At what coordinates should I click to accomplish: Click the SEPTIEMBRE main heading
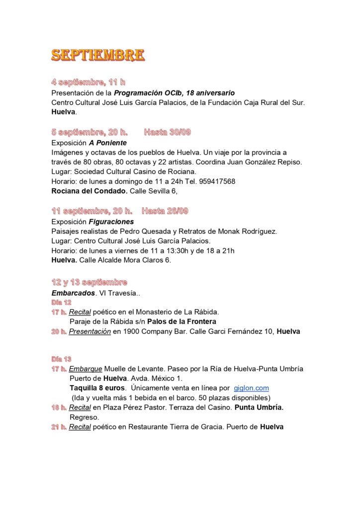pos(98,55)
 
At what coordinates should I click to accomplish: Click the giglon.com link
pos(251,388)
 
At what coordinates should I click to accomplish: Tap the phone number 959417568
pos(219,181)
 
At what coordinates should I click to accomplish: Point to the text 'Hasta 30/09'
pos(168,132)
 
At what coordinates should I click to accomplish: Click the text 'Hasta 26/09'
pos(165,211)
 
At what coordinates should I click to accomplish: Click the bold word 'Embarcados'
pos(73,293)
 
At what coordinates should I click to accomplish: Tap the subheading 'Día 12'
pos(61,302)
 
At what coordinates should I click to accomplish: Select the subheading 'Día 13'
pos(61,359)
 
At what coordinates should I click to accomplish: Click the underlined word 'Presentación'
pos(90,331)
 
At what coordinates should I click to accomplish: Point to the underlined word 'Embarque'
pos(86,369)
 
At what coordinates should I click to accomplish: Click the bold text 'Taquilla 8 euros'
pos(97,388)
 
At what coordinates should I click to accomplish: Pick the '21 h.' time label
pos(59,426)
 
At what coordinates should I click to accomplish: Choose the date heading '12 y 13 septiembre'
pos(90,282)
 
